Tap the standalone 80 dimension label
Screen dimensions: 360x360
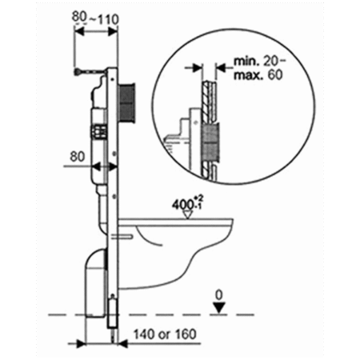tap(78, 157)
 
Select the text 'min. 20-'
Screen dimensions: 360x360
tap(260, 62)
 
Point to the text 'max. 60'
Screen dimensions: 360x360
tap(258, 75)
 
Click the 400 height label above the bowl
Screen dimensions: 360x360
tap(188, 204)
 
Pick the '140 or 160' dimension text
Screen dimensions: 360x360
tap(165, 334)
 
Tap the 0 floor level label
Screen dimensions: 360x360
tap(219, 295)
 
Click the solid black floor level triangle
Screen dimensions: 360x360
tap(219, 307)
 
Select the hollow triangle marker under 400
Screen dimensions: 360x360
tap(188, 214)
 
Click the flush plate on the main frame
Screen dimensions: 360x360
tap(126, 102)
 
